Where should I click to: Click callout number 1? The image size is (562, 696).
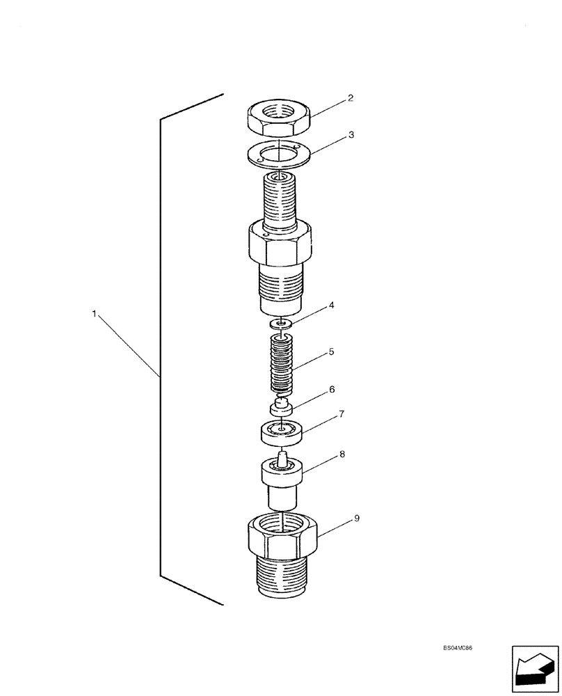94,315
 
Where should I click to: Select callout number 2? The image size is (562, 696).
351,98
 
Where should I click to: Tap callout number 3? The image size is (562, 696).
351,135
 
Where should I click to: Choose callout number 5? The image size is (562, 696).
331,352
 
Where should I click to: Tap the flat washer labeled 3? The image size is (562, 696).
278,155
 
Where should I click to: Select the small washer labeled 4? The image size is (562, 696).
281,323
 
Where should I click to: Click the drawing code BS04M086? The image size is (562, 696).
463,647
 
